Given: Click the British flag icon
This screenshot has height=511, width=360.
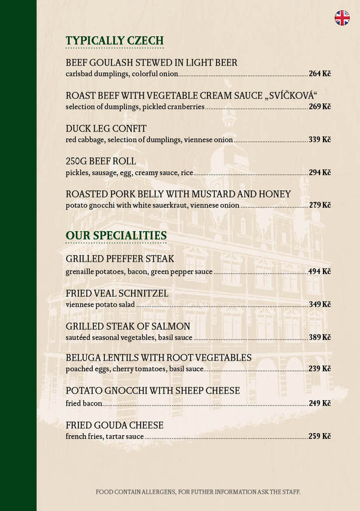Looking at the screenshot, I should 342,18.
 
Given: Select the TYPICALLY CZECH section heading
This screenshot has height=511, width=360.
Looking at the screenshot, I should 115,41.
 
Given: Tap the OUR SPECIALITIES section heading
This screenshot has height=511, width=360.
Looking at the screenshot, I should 116,236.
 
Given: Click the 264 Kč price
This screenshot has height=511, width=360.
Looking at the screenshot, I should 320,74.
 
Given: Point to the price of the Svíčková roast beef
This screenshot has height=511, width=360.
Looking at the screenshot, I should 320,107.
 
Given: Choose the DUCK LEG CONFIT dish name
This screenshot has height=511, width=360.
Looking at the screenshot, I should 106,129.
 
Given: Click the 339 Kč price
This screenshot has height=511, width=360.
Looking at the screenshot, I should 320,140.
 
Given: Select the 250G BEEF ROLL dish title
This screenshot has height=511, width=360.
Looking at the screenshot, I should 101,161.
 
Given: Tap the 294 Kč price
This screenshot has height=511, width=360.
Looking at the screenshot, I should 320,173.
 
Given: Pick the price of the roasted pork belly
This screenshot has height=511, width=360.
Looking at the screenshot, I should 320,205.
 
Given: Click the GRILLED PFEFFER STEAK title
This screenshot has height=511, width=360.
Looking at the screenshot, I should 120,259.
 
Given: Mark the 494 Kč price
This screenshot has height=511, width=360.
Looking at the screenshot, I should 320,272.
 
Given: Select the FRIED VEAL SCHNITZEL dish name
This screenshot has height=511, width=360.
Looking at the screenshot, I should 117,293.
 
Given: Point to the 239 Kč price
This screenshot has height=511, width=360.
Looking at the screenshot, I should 320,369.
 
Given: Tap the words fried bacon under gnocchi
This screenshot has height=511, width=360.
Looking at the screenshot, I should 84,403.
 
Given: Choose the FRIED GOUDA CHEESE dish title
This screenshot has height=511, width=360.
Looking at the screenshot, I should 115,426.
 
